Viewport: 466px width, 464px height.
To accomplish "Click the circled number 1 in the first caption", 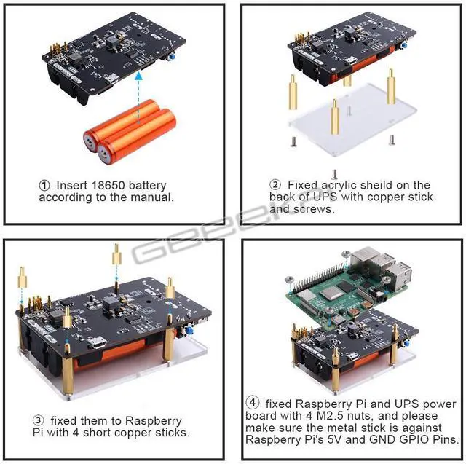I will [x=44, y=185].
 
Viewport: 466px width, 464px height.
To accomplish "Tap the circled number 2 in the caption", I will [x=275, y=185].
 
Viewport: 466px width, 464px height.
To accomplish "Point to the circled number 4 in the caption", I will [x=252, y=404].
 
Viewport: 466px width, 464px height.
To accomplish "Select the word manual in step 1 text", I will [x=152, y=197].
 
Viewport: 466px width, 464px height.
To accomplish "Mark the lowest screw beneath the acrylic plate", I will [x=333, y=173].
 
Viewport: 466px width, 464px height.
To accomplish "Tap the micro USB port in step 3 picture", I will [x=103, y=343].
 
